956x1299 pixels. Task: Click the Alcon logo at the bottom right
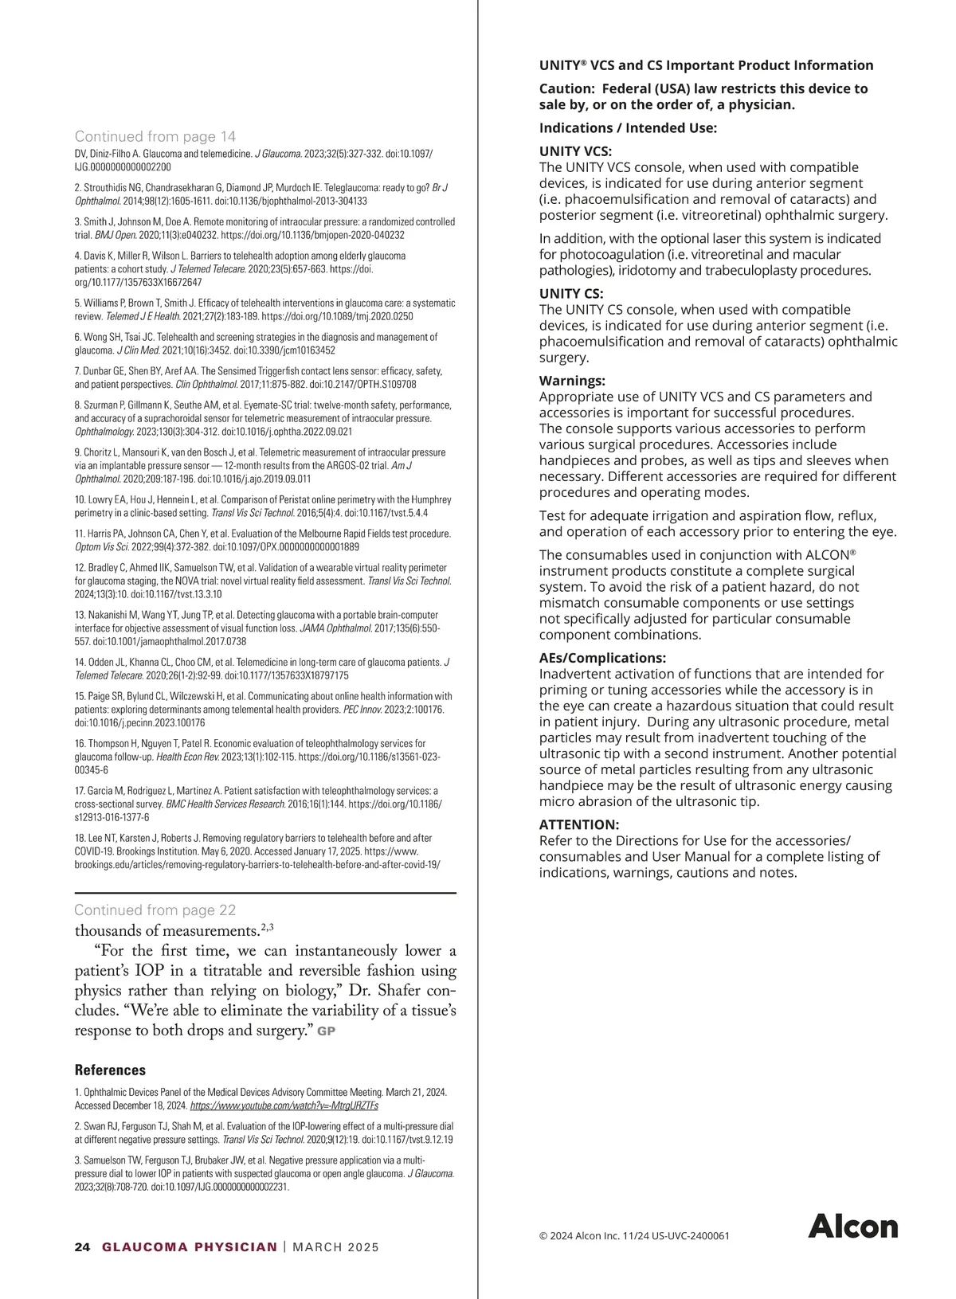[x=852, y=1227]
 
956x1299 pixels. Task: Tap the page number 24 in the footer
[x=82, y=1247]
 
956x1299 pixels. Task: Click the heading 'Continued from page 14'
[x=155, y=136]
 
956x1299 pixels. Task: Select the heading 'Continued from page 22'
[x=155, y=910]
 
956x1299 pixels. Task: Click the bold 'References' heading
[x=110, y=1070]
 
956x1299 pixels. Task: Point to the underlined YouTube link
[x=284, y=1105]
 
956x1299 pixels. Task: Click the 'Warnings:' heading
[x=572, y=381]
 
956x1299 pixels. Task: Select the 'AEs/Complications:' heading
[x=602, y=658]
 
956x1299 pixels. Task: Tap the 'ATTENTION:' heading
[x=579, y=824]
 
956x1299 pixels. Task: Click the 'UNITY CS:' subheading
[x=571, y=293]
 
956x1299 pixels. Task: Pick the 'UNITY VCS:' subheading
[x=575, y=151]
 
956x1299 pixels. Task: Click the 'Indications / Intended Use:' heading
[x=628, y=127]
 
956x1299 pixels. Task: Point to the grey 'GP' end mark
[x=327, y=1031]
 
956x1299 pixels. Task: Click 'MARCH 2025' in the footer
[x=336, y=1247]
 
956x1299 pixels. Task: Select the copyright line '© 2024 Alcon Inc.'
[x=634, y=1236]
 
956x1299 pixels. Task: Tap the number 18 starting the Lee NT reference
[x=79, y=838]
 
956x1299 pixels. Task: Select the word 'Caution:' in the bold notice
[x=566, y=88]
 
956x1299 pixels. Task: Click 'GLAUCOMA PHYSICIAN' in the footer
[x=190, y=1247]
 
